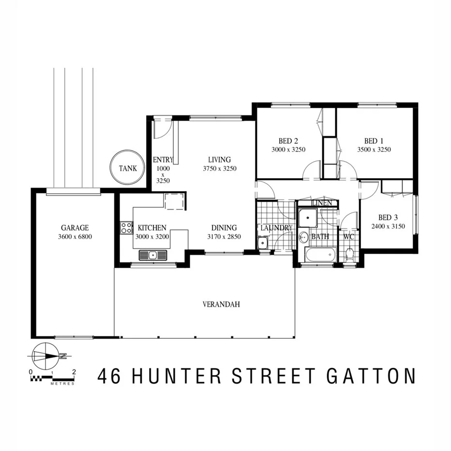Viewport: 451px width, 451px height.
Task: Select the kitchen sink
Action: pos(152,255)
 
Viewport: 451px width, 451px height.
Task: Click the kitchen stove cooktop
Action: pos(127,227)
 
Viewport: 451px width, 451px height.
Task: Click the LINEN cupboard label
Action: pos(322,203)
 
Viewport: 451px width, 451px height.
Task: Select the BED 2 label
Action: pos(288,141)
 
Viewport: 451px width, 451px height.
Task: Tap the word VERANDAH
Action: pos(221,304)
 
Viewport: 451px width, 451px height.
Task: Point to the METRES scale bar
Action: pos(52,376)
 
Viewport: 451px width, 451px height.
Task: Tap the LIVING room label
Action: pos(219,159)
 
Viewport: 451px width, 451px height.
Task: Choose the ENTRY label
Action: pos(163,160)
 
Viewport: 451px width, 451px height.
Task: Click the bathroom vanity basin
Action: pos(304,238)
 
